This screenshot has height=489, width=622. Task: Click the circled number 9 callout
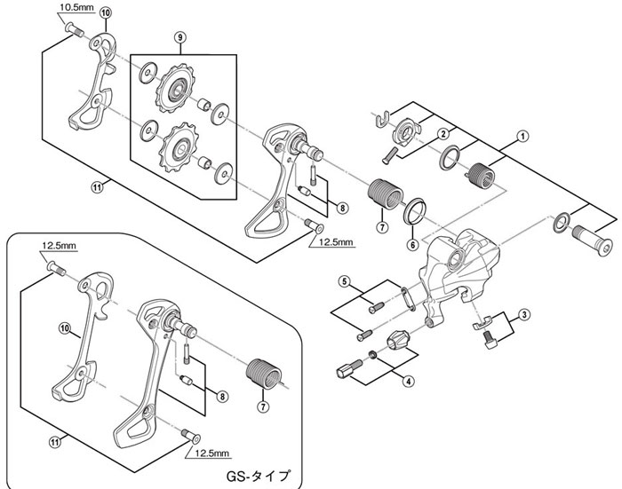click(x=180, y=37)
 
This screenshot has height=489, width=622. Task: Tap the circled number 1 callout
click(x=522, y=137)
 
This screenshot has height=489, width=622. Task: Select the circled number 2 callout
click(x=443, y=133)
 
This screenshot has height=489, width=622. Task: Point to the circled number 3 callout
click(x=524, y=315)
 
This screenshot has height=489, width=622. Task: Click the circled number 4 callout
click(x=409, y=382)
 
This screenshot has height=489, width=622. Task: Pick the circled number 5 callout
click(x=345, y=281)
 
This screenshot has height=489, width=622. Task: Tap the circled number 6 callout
click(x=412, y=245)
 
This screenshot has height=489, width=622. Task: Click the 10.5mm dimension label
click(x=76, y=7)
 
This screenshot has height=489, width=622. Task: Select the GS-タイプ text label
click(x=258, y=475)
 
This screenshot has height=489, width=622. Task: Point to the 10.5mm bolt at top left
click(x=74, y=29)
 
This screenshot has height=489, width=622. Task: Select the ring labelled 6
click(x=415, y=210)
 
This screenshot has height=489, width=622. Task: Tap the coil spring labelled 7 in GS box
click(x=264, y=373)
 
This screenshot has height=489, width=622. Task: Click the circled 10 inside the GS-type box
click(x=65, y=328)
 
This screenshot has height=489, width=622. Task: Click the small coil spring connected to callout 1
click(x=481, y=174)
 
